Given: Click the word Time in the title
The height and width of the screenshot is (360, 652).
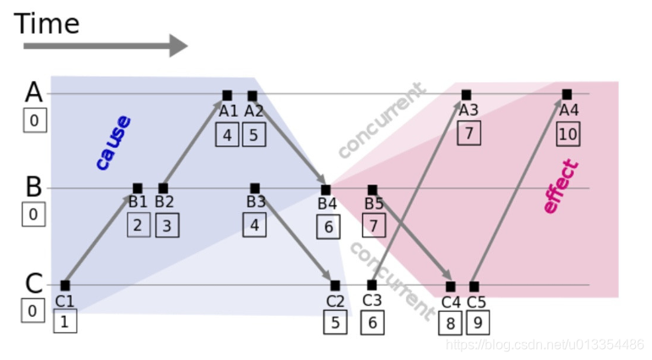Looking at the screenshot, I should coord(47,23).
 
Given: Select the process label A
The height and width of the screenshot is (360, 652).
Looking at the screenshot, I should coord(33,92).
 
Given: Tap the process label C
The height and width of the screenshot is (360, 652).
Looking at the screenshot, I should coord(33,284).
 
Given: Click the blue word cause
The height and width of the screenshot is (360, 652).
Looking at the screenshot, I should coord(112,142).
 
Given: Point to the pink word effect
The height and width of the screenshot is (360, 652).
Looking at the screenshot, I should coord(561,186).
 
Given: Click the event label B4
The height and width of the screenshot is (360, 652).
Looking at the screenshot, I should coord(327,204).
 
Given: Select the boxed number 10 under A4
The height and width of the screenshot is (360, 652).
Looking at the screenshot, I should coord(568,133).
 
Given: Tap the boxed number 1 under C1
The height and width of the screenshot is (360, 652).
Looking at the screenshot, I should coord(65,321).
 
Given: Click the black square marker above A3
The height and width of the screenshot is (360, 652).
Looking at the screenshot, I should coord(466,95).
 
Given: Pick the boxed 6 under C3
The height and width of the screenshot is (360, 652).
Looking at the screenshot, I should coord(373,322).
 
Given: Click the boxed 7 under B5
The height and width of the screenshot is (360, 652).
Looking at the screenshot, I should coord(374,226).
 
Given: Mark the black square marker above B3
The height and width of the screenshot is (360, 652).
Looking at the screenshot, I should coord(255,188).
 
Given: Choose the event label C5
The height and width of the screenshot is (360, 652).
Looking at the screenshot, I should coord(476,302).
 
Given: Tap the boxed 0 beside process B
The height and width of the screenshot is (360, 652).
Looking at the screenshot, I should coord(33,215).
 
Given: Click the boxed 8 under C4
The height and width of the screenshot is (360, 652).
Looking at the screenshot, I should coord(451,323).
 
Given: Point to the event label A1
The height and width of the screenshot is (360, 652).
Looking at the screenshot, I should coord(228,111).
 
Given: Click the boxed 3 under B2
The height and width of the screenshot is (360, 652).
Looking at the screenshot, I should coord(167,226).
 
